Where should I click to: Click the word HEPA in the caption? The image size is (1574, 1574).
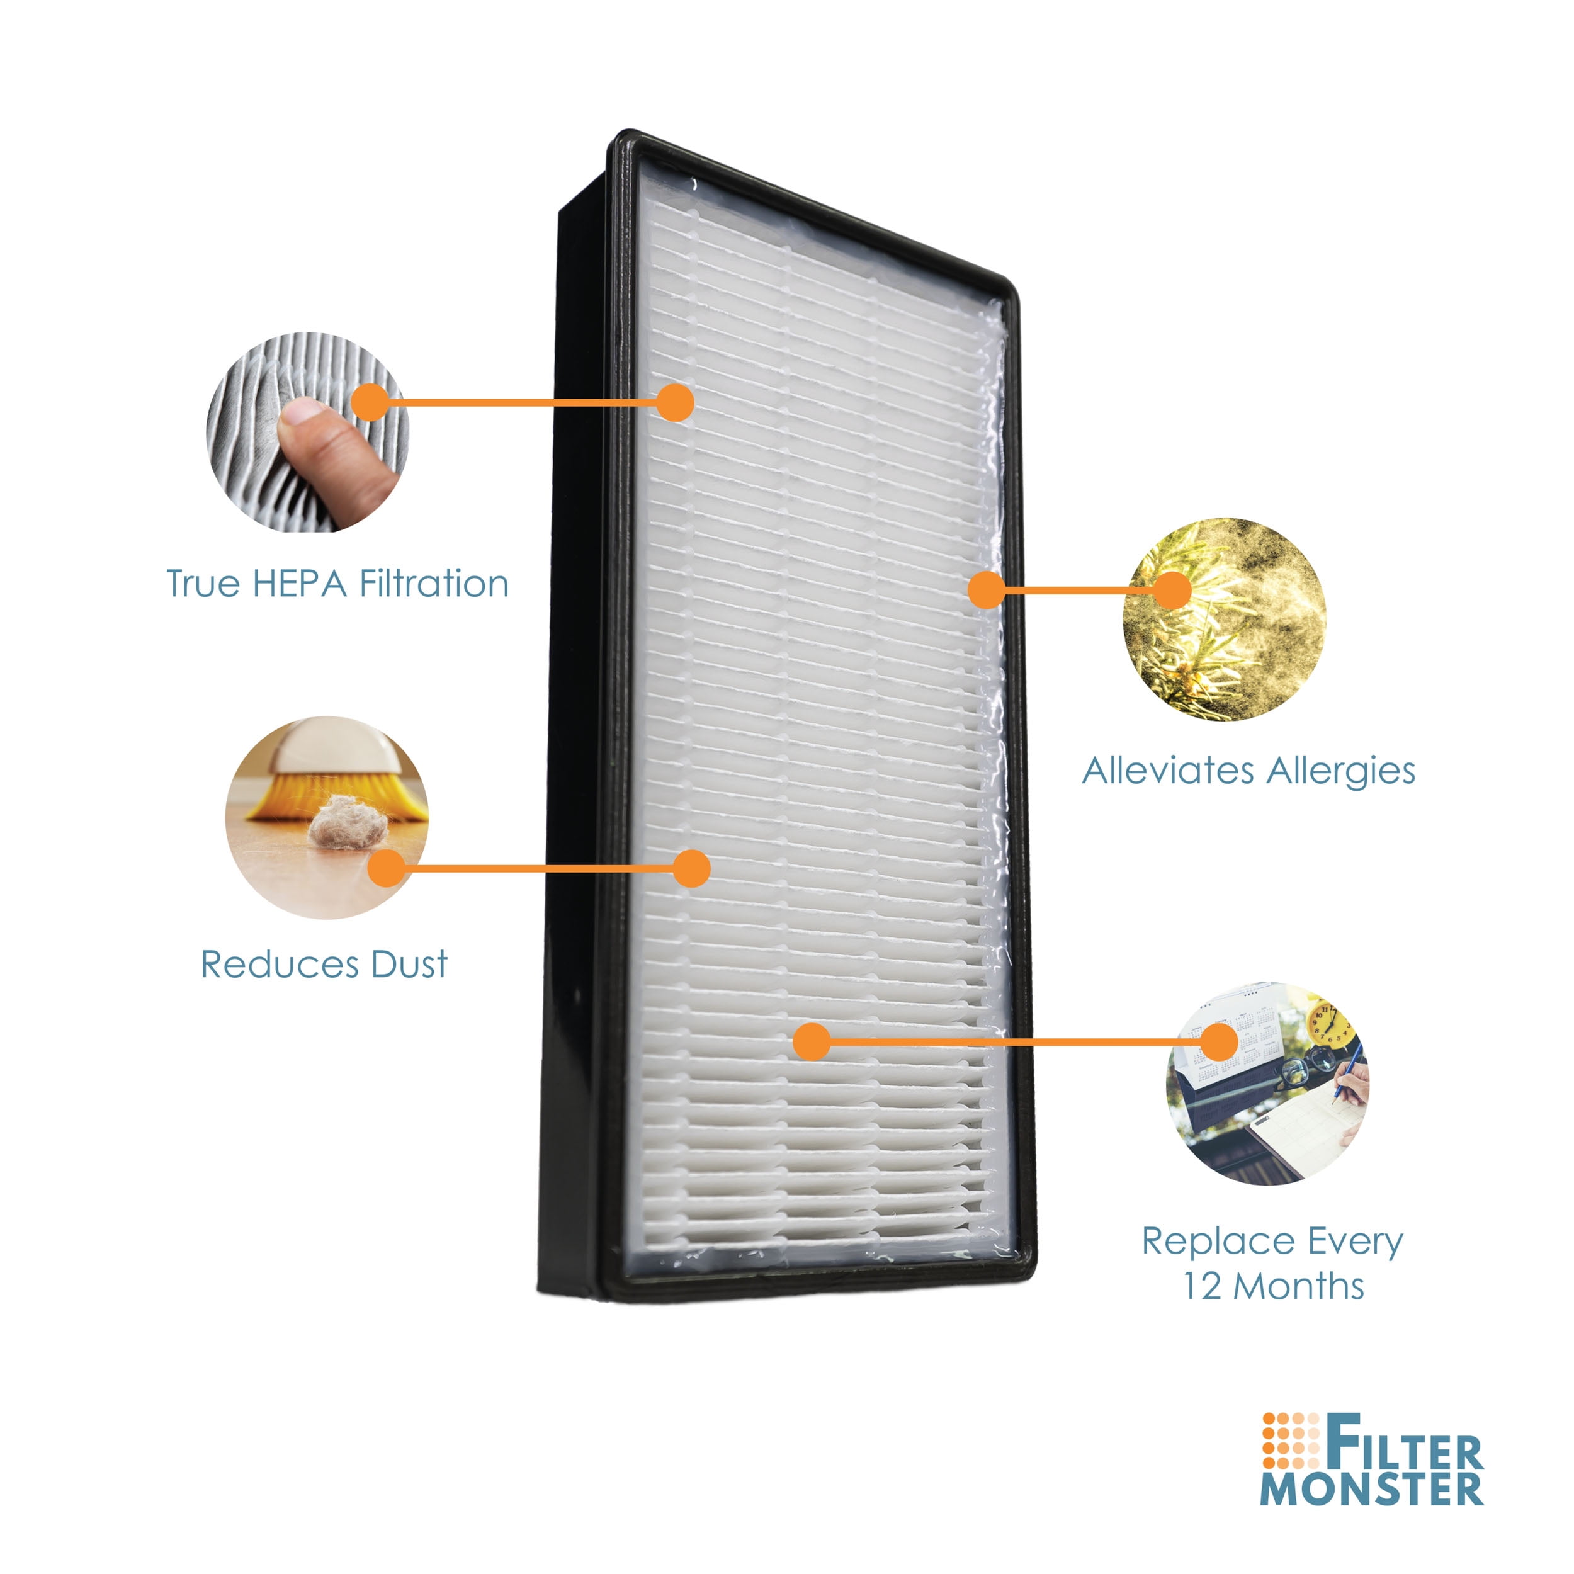pos(300,584)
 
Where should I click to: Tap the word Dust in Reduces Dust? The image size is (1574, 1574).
pos(409,965)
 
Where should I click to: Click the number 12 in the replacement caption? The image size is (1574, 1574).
pos(1203,1286)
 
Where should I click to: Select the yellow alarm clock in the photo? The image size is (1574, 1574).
pos(1331,1022)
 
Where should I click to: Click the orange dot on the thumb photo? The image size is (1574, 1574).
pos(371,402)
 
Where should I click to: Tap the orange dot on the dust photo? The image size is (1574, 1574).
pos(387,868)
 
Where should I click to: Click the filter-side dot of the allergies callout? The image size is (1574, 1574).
pos(987,590)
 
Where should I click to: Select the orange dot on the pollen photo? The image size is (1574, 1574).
pos(1172,590)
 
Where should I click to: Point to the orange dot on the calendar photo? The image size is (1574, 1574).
pos(1220,1042)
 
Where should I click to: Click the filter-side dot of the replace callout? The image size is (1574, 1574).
pos(812,1042)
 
